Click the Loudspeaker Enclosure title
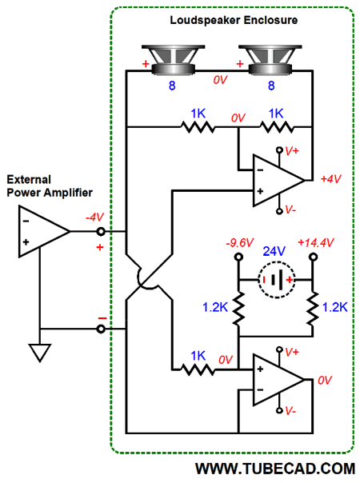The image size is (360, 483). coord(234,20)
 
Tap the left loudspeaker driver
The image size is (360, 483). coord(174,60)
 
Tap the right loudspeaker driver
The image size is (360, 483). coord(270,60)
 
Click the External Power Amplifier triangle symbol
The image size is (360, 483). coord(44,231)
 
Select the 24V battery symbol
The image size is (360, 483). coord(277,280)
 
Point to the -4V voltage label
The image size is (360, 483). coord(94,218)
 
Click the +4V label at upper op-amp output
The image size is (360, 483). coord(330,179)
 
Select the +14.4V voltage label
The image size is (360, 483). coord(315,243)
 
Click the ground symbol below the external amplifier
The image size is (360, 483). coord(40,353)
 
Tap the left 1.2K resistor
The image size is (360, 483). coord(238,309)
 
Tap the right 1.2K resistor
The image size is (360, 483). coord(313,309)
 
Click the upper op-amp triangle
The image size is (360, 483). coord(278,180)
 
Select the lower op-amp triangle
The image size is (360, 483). coord(278,380)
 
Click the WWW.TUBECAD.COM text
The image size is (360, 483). coord(275,469)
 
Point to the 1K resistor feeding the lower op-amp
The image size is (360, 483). coord(198,369)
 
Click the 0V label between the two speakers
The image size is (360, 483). coord(220,80)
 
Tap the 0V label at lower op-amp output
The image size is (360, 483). coord(325,380)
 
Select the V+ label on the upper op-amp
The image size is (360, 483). coord(291,151)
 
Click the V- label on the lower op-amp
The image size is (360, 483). coord(290,410)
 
